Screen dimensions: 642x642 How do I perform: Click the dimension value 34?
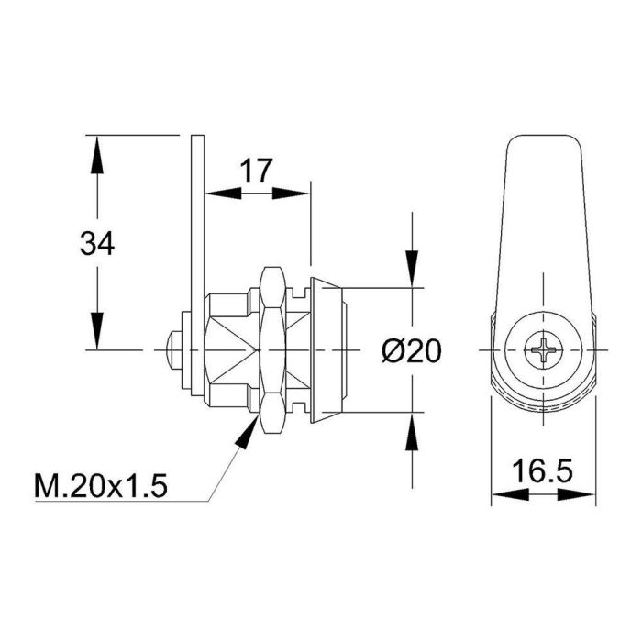pos(96,244)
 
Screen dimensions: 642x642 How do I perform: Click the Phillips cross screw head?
pos(543,350)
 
